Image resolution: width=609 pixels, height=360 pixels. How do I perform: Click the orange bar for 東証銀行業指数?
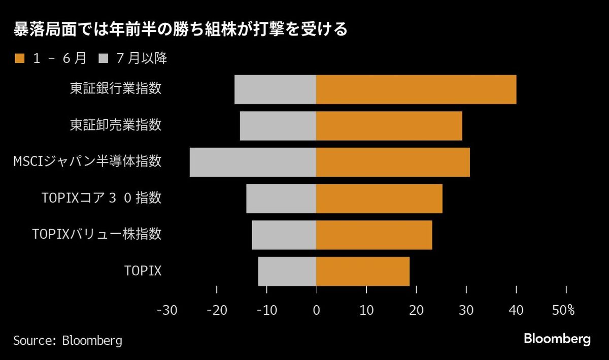tap(416, 89)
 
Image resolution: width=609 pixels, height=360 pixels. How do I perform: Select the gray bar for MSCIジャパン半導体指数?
tap(253, 162)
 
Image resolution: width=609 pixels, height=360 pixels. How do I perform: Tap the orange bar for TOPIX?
tap(362, 271)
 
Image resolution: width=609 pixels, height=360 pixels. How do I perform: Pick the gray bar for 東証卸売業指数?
tap(278, 126)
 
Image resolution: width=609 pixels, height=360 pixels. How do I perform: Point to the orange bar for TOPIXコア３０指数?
tap(379, 199)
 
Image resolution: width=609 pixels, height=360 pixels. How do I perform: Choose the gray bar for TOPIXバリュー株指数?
tap(284, 235)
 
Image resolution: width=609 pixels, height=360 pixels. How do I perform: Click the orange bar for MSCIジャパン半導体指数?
tap(393, 162)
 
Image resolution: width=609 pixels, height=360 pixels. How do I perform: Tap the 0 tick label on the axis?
tap(316, 311)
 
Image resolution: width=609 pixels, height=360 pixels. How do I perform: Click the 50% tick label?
tap(563, 311)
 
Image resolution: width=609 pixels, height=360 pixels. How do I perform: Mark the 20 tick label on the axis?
tap(416, 311)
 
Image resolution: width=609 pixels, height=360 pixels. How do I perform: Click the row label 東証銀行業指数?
tap(116, 89)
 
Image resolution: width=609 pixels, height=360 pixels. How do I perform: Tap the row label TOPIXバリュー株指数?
tap(96, 234)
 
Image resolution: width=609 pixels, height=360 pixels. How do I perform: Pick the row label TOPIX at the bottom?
tap(143, 271)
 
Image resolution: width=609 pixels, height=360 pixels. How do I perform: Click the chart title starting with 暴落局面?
tap(180, 30)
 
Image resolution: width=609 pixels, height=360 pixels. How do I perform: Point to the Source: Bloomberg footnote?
tap(67, 340)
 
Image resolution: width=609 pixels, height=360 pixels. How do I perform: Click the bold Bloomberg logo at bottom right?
tap(557, 339)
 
